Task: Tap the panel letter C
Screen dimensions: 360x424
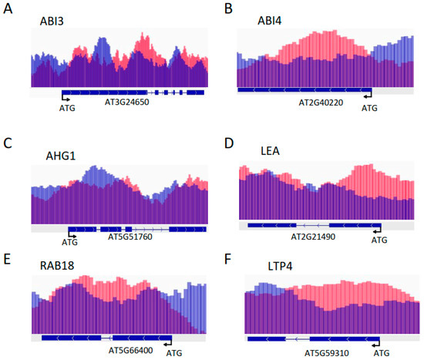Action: pos(7,143)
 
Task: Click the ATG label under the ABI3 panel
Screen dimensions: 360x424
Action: pos(68,109)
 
